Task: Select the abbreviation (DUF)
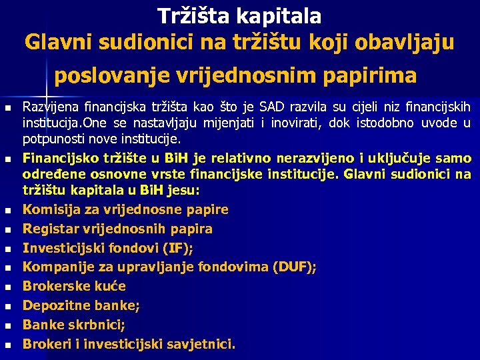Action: (294, 267)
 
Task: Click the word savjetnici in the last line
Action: (200, 345)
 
